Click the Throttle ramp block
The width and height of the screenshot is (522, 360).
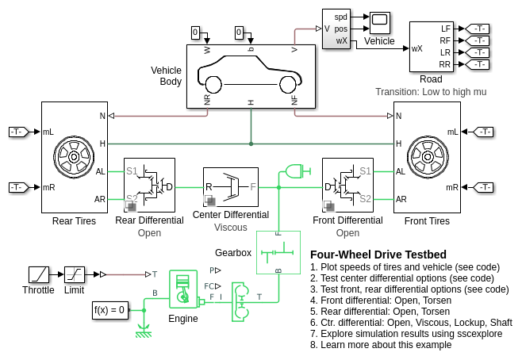coord(39,275)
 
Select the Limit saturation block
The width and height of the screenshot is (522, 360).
coord(75,275)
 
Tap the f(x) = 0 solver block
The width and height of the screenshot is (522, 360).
coord(109,310)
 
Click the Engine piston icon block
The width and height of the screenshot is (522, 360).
coord(183,289)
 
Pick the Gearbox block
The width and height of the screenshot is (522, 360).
coord(278,252)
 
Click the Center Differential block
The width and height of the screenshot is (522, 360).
coord(231,187)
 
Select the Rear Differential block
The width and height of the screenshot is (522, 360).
coord(149,185)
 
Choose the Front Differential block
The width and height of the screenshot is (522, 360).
coord(347,185)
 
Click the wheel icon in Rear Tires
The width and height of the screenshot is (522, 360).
coord(74,156)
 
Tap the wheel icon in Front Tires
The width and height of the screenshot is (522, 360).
coord(428,156)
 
